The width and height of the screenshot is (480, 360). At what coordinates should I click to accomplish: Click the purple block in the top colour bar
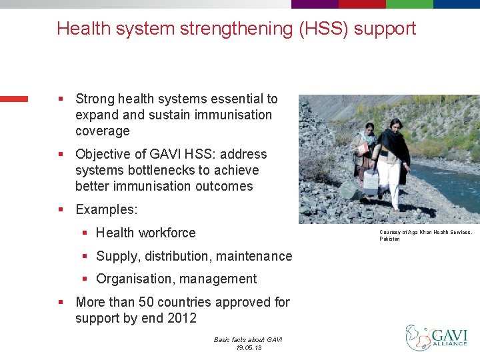tap(315, 4)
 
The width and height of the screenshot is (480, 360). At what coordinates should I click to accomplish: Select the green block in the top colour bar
tap(409, 4)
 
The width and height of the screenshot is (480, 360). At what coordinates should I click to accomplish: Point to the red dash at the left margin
tap(14, 99)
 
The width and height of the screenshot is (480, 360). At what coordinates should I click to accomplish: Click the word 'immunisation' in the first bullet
tap(233, 115)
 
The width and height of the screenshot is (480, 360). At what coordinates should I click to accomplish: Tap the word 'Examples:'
tap(107, 209)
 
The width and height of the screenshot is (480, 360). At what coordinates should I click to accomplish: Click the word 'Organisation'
tap(133, 279)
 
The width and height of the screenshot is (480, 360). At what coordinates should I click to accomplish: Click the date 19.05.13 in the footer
tap(248, 348)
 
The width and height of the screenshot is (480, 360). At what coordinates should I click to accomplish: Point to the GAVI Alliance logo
tap(437, 338)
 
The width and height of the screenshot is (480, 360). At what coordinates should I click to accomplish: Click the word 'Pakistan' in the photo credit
tap(390, 239)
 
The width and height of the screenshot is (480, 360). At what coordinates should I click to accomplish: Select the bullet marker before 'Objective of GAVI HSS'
tap(61, 155)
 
